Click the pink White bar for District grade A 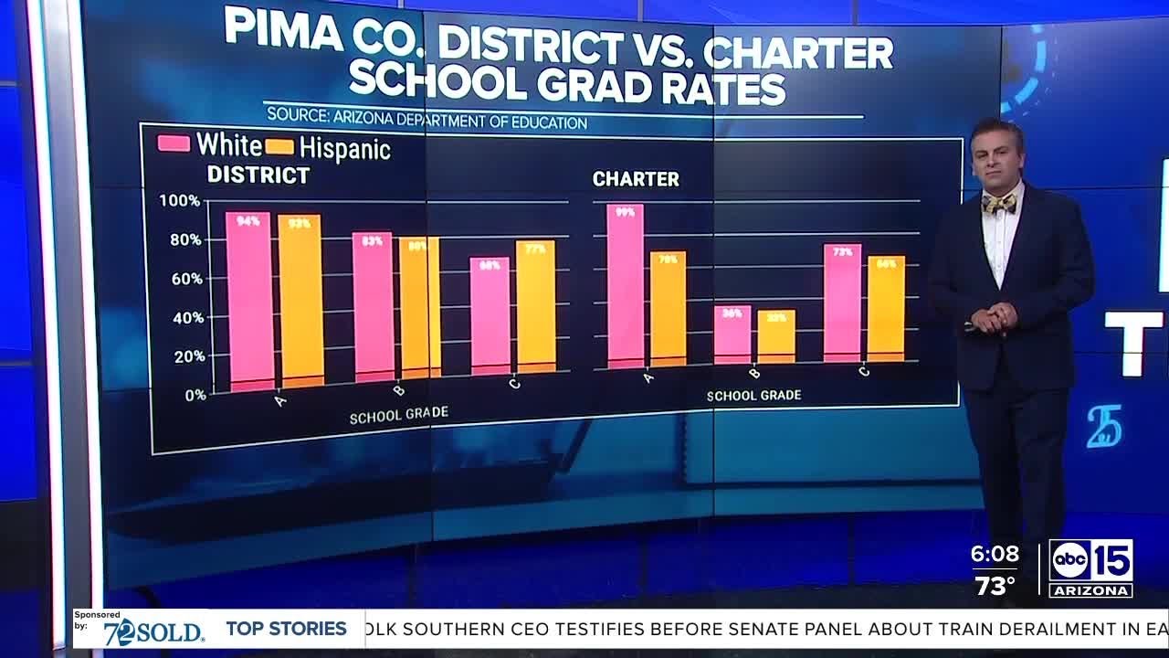point(249,302)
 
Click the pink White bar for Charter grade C point(842,303)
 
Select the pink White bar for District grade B point(373,306)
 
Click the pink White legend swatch point(174,143)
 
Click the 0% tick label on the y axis point(194,396)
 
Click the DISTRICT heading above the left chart point(258,175)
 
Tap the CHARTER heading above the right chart point(636,179)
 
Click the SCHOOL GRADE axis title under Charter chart point(753,396)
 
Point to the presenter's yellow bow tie point(998,203)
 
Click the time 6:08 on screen point(995,554)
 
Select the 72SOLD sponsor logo point(153,631)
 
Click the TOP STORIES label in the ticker point(286,629)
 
